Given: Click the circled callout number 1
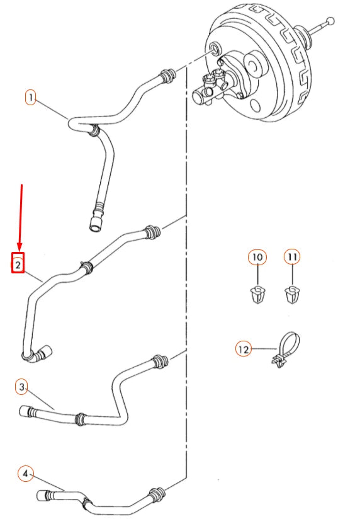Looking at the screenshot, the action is point(30,97).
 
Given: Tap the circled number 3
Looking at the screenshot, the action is point(22,387).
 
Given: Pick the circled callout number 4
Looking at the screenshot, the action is point(25,474).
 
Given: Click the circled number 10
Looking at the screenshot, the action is point(257,257).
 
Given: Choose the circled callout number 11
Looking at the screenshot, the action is point(292,257).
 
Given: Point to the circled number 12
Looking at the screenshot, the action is point(243,349).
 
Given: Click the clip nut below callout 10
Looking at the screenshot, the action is point(257,295).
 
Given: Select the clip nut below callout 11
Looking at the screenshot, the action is point(293,295).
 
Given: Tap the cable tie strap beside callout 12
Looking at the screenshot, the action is point(286,350).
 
